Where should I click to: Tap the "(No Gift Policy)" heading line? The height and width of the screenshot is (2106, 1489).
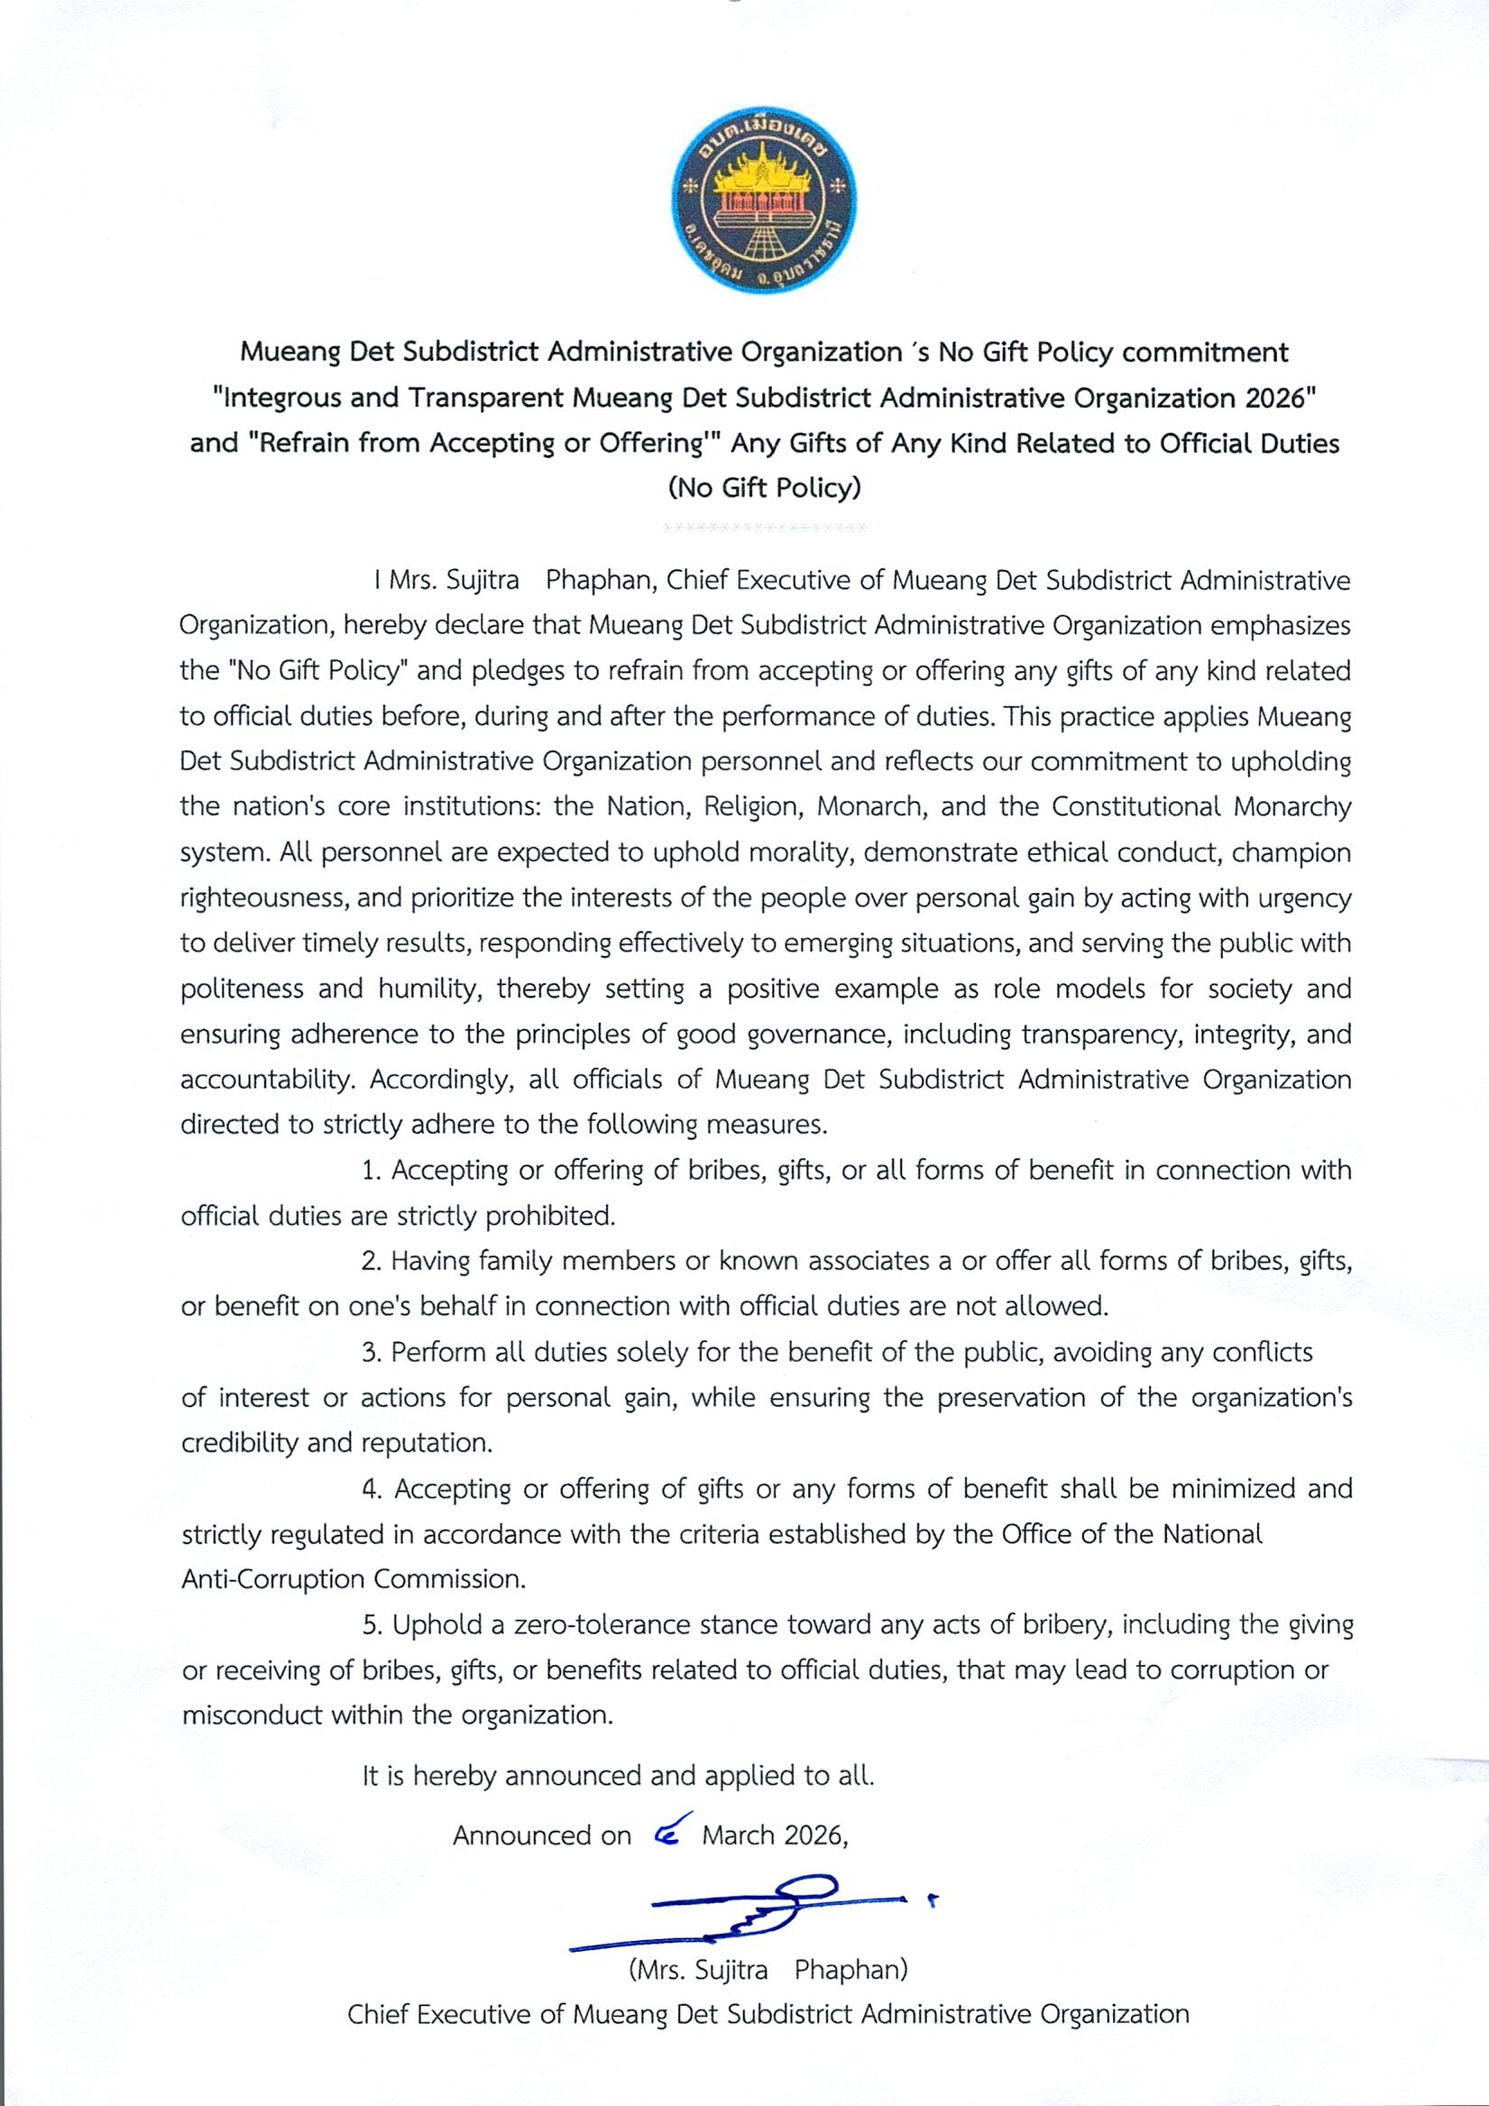(x=764, y=487)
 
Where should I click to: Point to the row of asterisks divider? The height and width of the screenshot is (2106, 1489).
(x=764, y=528)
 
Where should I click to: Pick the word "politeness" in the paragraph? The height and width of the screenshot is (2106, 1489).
(x=242, y=989)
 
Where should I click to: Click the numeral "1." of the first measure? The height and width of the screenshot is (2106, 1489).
(x=371, y=1171)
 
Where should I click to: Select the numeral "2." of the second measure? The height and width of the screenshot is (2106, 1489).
(x=371, y=1261)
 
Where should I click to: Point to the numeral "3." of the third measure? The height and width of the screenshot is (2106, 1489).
(x=371, y=1352)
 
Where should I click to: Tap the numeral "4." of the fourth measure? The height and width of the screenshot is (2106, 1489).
(x=372, y=1489)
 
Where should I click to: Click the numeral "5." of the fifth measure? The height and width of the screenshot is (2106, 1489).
(x=372, y=1625)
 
